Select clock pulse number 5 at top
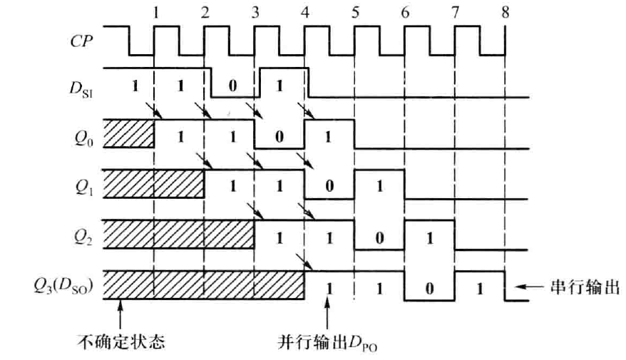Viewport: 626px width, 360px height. pos(354,12)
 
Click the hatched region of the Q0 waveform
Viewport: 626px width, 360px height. pos(129,133)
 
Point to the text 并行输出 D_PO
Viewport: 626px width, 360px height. pos(327,343)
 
